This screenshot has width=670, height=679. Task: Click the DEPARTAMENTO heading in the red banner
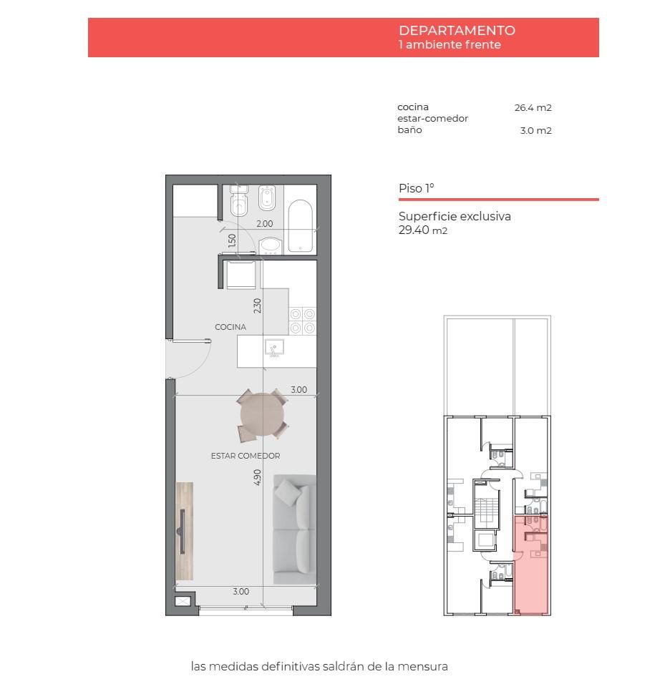pyautogui.click(x=457, y=30)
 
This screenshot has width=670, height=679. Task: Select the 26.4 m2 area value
pyautogui.click(x=533, y=107)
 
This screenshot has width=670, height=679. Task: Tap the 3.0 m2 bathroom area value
pyautogui.click(x=535, y=130)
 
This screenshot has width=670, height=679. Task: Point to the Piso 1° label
pyautogui.click(x=416, y=188)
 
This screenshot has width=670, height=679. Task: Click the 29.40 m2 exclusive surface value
pyautogui.click(x=423, y=230)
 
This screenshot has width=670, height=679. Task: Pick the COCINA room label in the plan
pyautogui.click(x=230, y=327)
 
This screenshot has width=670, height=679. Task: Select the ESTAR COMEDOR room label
pyautogui.click(x=246, y=456)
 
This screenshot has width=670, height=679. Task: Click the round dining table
pyautogui.click(x=263, y=415)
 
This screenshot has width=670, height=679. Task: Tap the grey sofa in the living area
pyautogui.click(x=294, y=529)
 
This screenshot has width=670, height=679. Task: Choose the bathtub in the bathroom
pyautogui.click(x=300, y=225)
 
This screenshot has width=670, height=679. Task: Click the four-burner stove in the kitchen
pyautogui.click(x=302, y=321)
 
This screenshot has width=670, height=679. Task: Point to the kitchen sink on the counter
pyautogui.click(x=275, y=348)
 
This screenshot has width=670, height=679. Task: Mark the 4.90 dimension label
pyautogui.click(x=258, y=477)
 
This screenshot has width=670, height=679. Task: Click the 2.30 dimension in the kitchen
pyautogui.click(x=258, y=306)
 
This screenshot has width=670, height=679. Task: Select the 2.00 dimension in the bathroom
pyautogui.click(x=265, y=224)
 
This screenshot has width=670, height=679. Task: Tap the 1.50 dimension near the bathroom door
pyautogui.click(x=232, y=241)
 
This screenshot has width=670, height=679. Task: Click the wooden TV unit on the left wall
pyautogui.click(x=185, y=532)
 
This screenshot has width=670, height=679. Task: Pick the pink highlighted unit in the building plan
pyautogui.click(x=530, y=565)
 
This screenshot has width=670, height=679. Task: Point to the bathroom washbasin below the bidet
pyautogui.click(x=271, y=245)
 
